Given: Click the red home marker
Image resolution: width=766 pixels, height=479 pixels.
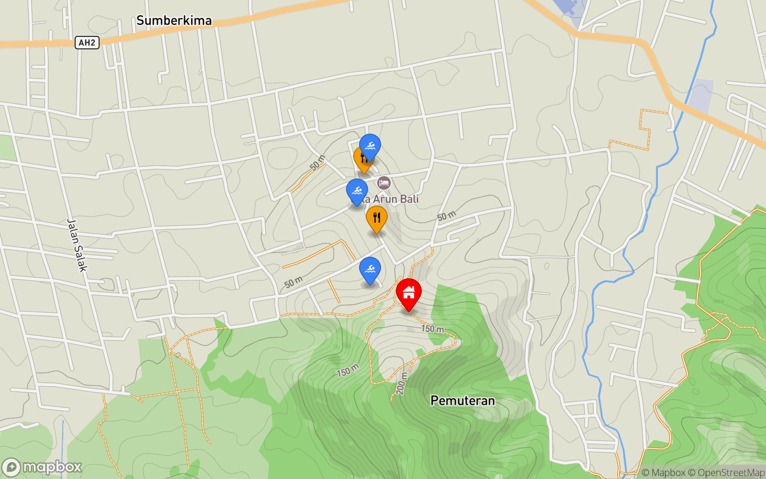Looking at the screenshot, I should (x=408, y=293).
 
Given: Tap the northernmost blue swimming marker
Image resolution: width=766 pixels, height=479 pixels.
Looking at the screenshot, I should (x=370, y=146).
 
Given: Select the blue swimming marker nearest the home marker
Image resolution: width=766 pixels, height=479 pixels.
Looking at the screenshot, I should (x=370, y=270).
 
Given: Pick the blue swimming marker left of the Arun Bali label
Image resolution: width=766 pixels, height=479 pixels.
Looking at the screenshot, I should (x=357, y=192).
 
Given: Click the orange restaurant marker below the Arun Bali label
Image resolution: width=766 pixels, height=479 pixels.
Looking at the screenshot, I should (x=377, y=218).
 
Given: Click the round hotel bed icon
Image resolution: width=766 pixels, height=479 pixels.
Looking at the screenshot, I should (x=384, y=182).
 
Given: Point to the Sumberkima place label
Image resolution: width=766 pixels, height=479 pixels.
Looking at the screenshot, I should (x=174, y=21).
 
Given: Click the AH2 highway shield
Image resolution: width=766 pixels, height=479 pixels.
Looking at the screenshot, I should (x=87, y=43).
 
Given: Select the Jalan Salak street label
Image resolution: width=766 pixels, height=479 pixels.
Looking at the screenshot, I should (x=77, y=245).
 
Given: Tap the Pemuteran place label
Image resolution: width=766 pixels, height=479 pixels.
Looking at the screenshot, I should (x=462, y=400).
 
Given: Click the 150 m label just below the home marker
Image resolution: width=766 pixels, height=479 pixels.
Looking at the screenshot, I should (x=432, y=329).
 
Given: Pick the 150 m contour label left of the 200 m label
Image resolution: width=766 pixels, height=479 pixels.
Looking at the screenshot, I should (x=348, y=370).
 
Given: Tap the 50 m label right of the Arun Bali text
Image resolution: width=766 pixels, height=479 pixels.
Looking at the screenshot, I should (x=446, y=216).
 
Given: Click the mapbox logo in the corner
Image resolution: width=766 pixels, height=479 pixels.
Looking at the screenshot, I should (x=42, y=467).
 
